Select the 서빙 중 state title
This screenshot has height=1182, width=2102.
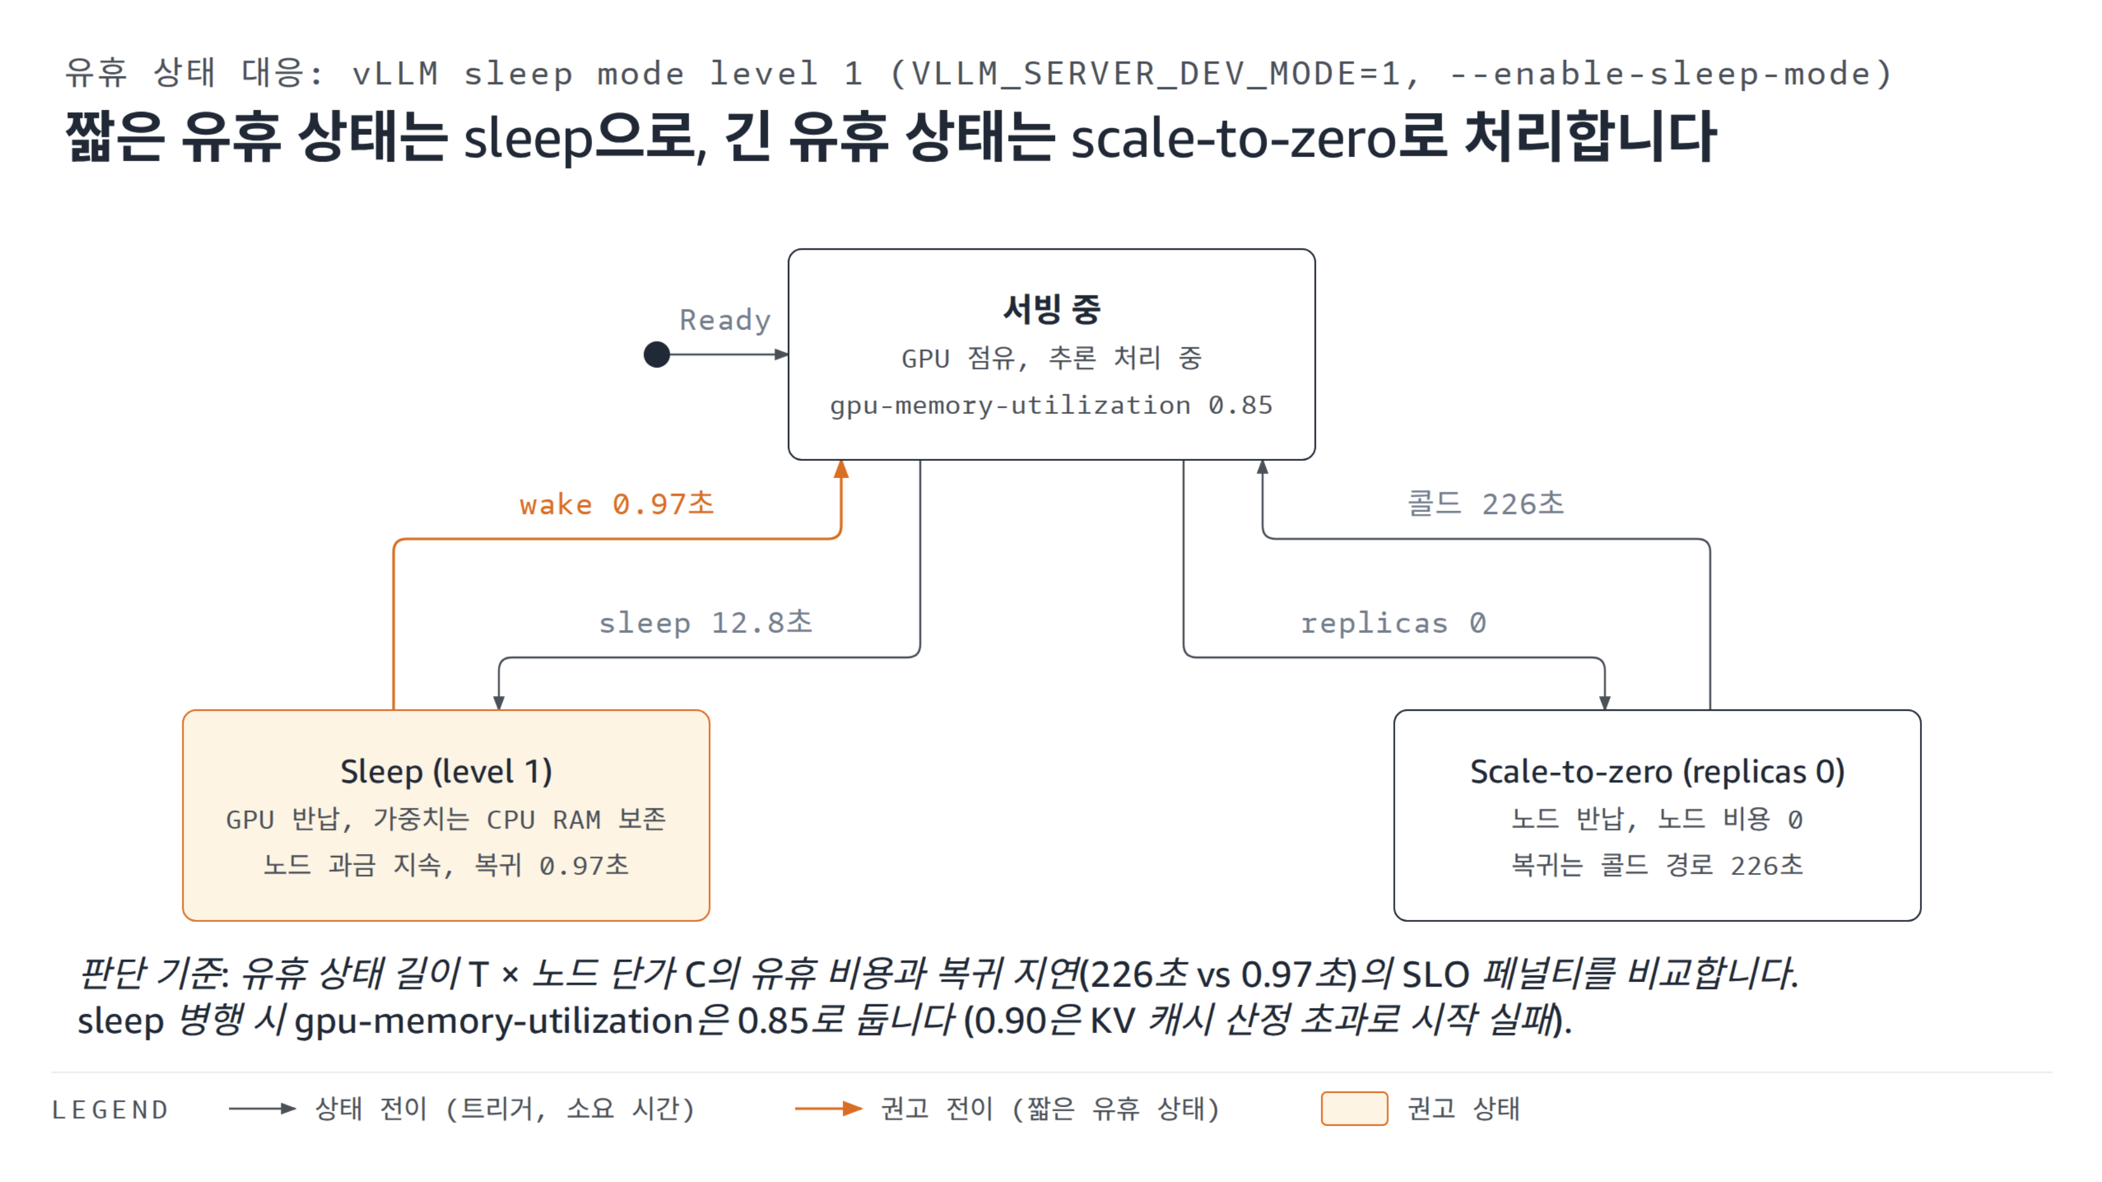point(1052,308)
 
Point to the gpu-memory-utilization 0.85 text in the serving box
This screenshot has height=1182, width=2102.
point(1051,405)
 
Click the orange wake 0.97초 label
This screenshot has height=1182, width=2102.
point(617,504)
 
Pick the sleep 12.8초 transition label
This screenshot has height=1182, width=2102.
point(706,623)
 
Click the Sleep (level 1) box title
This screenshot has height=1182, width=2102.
point(446,771)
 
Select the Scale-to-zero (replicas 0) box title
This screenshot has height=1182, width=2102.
point(1657,771)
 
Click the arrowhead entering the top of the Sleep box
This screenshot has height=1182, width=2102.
point(499,702)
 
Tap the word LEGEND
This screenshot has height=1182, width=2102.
point(110,1110)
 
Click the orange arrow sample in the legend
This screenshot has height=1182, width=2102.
point(828,1109)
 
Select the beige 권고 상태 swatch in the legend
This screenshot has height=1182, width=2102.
point(1354,1109)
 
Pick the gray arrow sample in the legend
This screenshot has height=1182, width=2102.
point(262,1109)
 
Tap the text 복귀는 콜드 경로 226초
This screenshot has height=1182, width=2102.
point(1657,865)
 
